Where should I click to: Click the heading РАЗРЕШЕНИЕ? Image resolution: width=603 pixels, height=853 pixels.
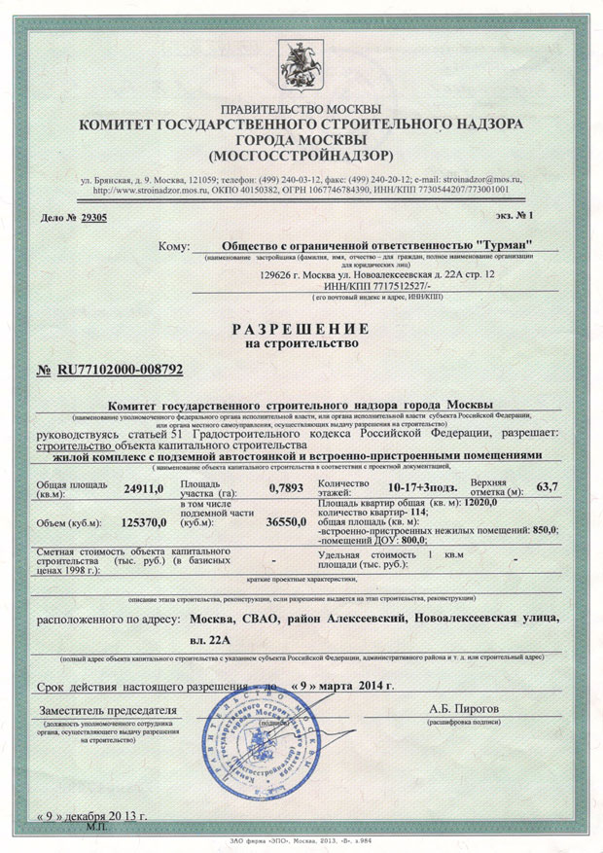301,328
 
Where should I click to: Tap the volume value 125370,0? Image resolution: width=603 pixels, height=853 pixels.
142,522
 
